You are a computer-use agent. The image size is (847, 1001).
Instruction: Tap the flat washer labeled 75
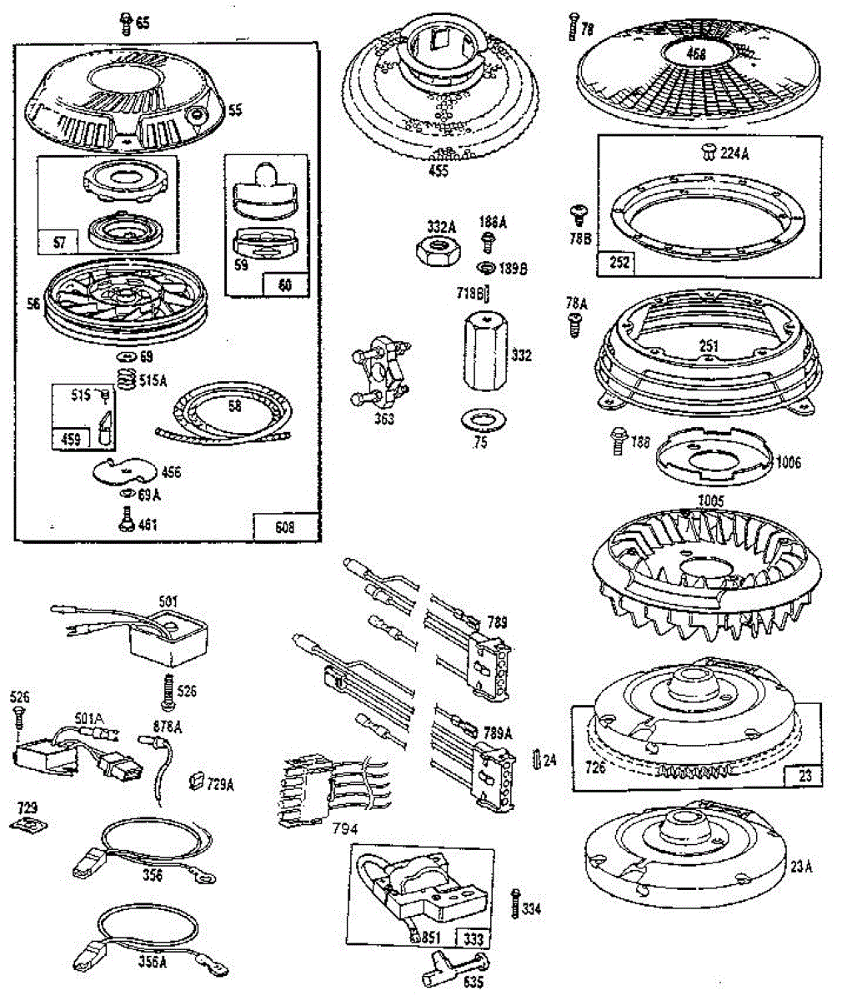click(x=479, y=417)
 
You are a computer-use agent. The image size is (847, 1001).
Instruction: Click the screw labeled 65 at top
click(x=125, y=23)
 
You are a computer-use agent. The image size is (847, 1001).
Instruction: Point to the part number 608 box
click(x=285, y=526)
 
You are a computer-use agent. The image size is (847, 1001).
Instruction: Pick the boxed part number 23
click(x=804, y=776)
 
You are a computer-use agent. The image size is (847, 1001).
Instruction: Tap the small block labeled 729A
click(x=197, y=781)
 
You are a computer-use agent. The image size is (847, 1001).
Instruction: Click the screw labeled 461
click(x=127, y=521)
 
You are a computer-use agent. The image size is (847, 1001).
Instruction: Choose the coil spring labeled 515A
click(x=126, y=381)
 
